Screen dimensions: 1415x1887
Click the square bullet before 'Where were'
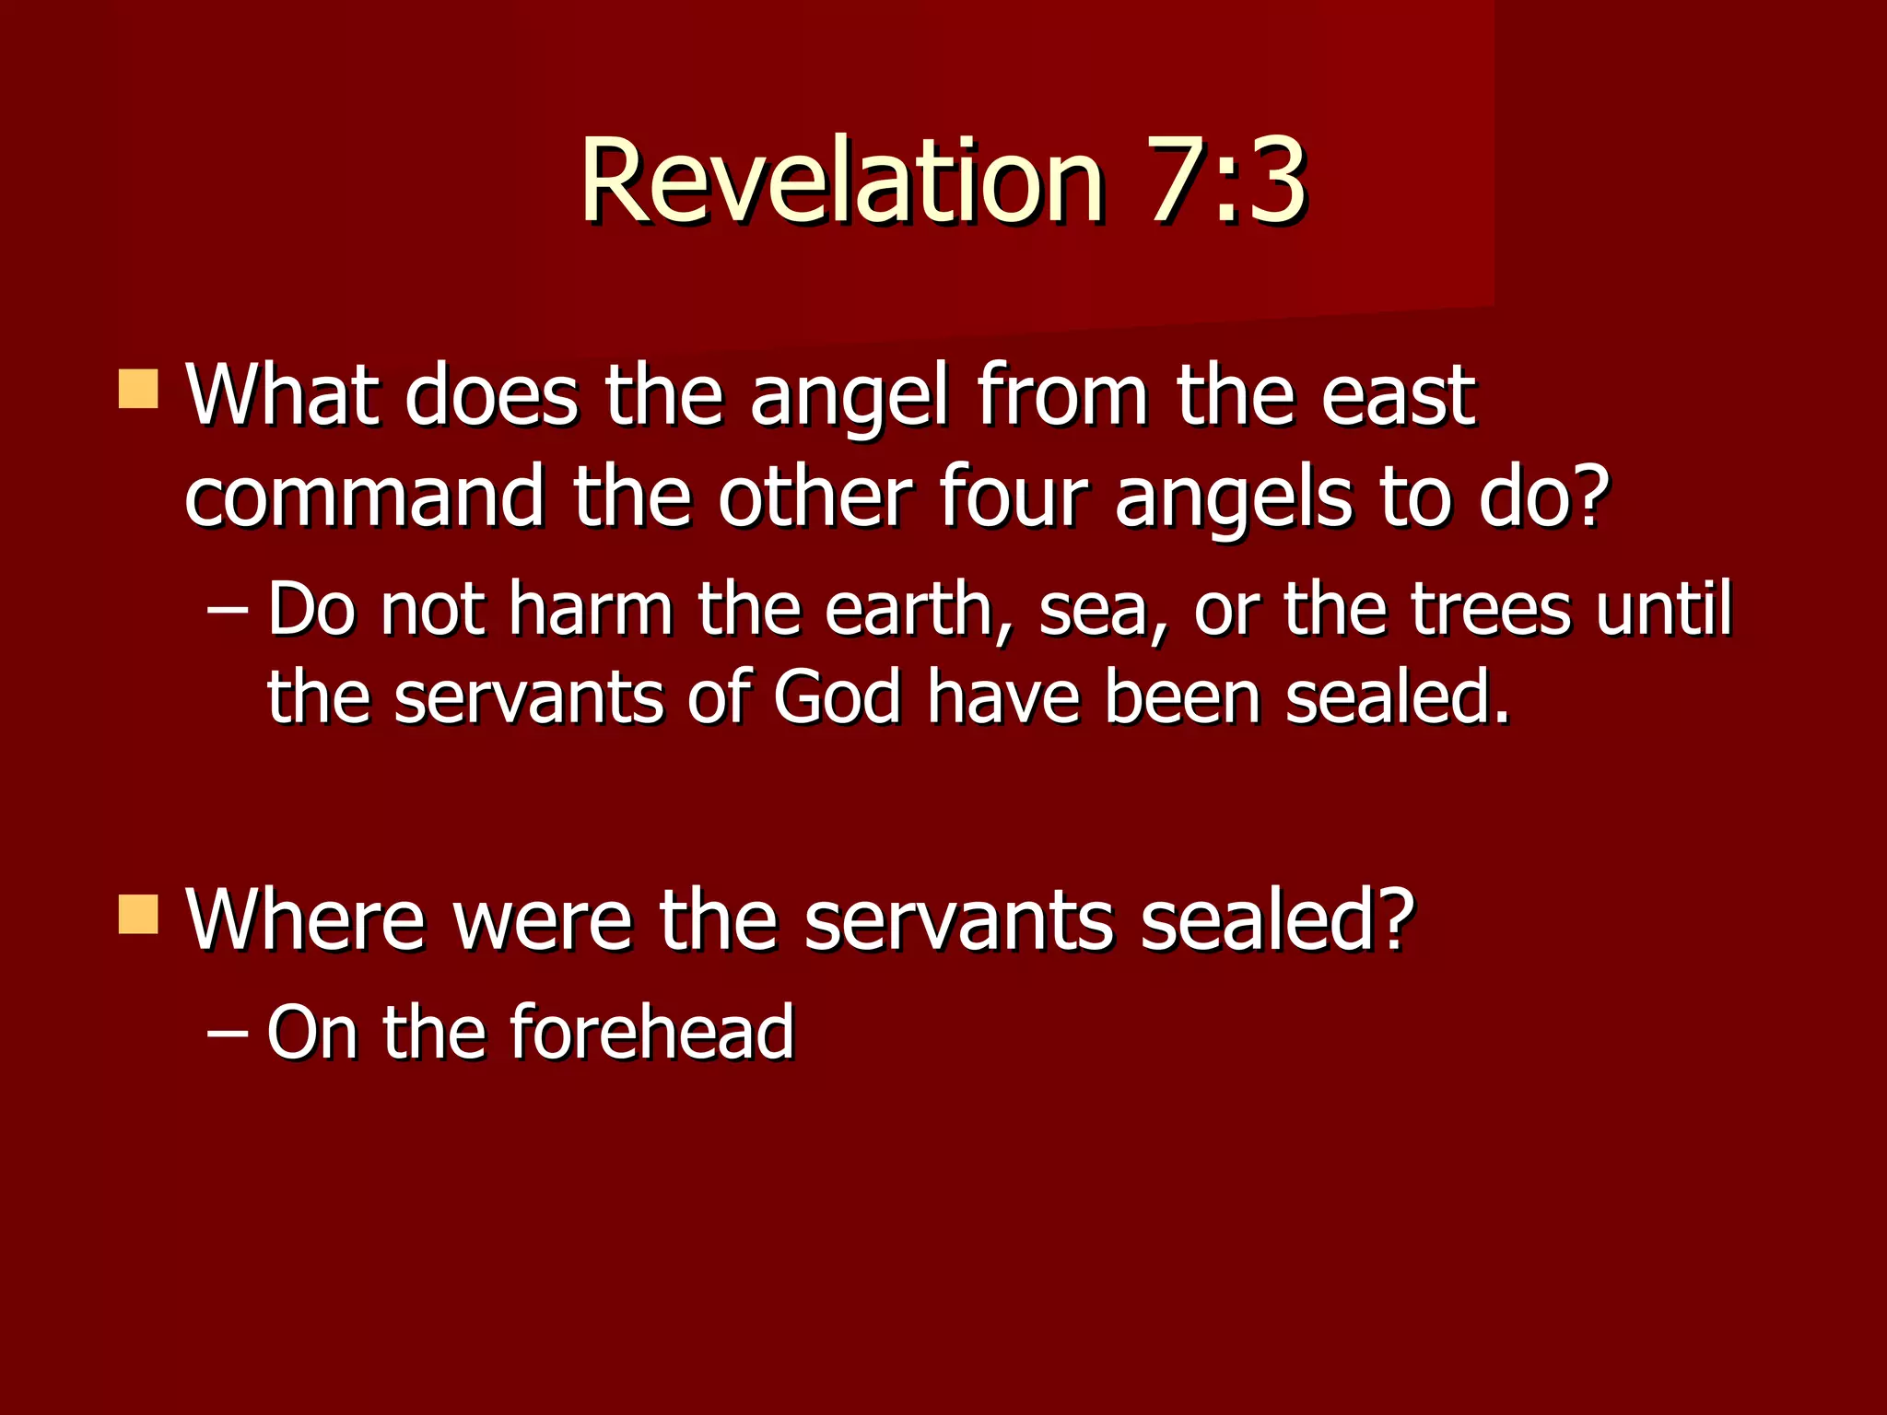[x=139, y=914]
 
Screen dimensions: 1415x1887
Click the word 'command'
[x=365, y=497]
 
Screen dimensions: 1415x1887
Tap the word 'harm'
[x=591, y=610]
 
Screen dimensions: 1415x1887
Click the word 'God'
[x=837, y=697]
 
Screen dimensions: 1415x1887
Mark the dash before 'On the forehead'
[x=227, y=1034]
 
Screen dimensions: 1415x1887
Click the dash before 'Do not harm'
[x=227, y=610]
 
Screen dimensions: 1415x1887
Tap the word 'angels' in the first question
[x=1234, y=499]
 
